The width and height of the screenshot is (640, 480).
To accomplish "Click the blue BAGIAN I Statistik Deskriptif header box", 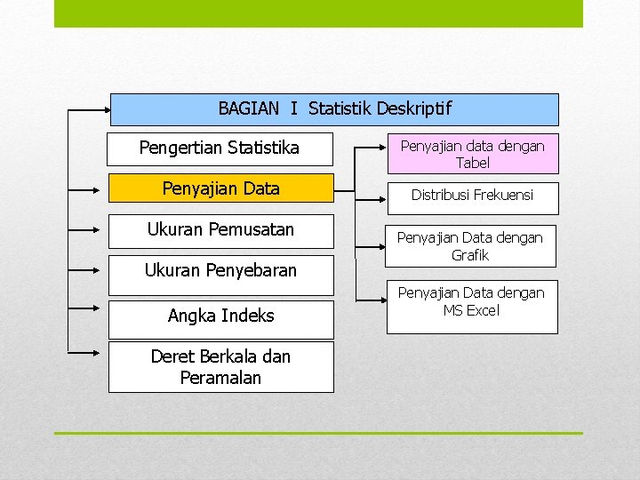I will click(334, 109).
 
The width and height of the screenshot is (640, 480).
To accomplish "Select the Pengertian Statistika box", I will click(220, 148).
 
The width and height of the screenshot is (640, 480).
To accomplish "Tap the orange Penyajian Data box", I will click(220, 188).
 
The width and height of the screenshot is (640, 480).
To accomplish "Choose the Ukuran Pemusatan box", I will click(220, 230).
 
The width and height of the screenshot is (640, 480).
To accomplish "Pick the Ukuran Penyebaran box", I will click(220, 271).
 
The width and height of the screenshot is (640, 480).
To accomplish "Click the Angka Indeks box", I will click(220, 316).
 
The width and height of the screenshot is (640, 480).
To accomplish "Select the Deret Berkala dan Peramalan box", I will click(220, 367).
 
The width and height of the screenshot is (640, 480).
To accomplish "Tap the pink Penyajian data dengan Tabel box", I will click(472, 154).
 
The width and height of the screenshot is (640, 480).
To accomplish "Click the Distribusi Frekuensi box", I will click(472, 196).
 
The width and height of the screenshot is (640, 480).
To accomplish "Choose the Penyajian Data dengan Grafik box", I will click(472, 246).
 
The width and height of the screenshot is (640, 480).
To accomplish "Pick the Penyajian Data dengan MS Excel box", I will click(472, 302).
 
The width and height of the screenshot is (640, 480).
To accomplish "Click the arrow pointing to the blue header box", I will click(89, 111).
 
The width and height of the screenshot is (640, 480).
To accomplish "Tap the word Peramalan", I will click(220, 378).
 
